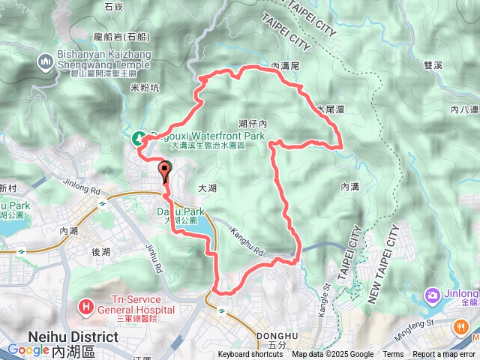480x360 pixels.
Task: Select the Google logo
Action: tap(28, 349)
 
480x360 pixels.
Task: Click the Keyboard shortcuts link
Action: tap(250, 355)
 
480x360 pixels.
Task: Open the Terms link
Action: tap(393, 355)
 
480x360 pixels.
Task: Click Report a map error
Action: tap(445, 355)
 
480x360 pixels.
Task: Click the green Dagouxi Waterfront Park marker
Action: tap(139, 137)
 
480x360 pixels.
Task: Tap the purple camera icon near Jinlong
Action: tap(433, 295)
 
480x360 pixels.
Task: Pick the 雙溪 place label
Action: tap(433, 65)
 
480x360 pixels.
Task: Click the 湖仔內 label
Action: tap(253, 122)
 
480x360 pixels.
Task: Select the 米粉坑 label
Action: tap(145, 88)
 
